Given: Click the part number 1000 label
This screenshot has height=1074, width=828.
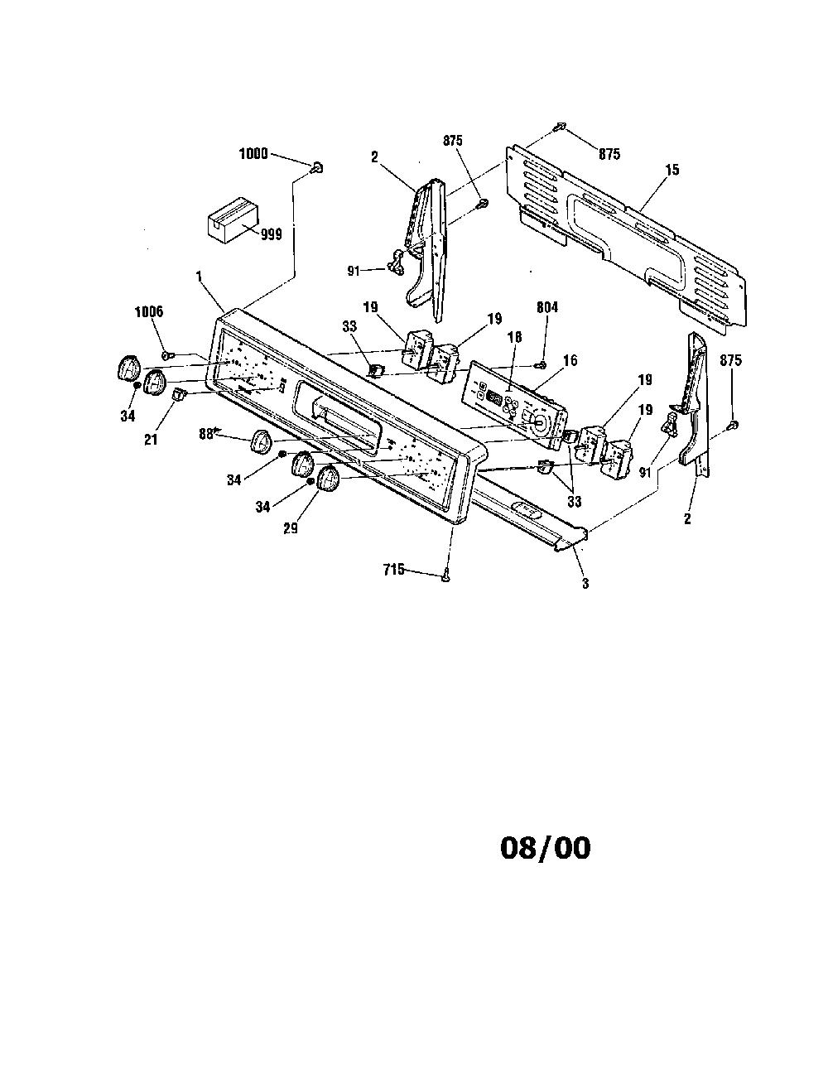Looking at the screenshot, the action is [x=253, y=154].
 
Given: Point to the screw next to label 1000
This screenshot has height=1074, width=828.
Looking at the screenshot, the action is [x=317, y=168].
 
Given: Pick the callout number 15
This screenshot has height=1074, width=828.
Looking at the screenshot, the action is [x=672, y=170].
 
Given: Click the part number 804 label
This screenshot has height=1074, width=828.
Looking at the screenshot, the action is [x=547, y=307].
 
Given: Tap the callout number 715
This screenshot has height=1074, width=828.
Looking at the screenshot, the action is [x=394, y=570].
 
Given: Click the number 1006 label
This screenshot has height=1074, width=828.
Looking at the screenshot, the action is [x=149, y=312].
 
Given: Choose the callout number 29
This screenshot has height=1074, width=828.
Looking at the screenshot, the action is [x=291, y=528].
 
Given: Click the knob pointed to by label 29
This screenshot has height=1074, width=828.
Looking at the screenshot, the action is [x=328, y=479].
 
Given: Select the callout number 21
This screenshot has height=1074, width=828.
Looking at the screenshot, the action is [x=151, y=439].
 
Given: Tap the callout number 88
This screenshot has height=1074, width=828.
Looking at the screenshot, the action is [x=205, y=433].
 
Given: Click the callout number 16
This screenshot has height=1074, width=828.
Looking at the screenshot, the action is [x=570, y=360].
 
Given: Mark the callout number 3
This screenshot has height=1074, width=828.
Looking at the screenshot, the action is [x=585, y=584].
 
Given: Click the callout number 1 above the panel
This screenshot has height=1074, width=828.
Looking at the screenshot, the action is [x=199, y=277].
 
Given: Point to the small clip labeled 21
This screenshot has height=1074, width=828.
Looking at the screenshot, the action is [x=178, y=394].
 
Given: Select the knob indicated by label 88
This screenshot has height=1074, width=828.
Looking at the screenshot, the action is [x=262, y=441].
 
